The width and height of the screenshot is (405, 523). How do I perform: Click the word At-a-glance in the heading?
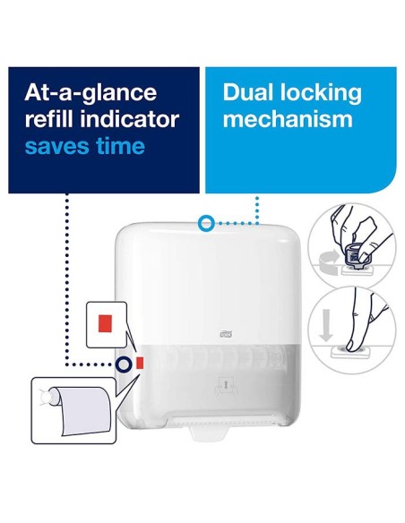(x=90, y=93)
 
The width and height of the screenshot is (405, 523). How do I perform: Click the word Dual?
(x=249, y=92)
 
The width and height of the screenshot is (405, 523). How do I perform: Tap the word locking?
(x=321, y=93)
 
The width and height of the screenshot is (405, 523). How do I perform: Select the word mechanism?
(x=288, y=119)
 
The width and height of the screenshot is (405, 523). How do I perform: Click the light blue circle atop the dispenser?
(x=205, y=223)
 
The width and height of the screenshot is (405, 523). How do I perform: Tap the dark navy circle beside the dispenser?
(x=123, y=364)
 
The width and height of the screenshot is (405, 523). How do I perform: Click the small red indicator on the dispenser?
(x=140, y=363)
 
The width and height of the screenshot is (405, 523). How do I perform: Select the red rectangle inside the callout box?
(x=105, y=323)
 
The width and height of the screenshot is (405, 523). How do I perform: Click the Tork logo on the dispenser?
(x=226, y=334)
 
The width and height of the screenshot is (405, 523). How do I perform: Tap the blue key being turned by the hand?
(x=355, y=256)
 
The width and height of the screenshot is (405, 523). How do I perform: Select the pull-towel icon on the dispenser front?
(x=226, y=387)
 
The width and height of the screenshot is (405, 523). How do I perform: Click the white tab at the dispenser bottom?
(x=209, y=433)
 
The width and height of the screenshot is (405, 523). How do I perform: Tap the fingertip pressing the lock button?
(x=351, y=347)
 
